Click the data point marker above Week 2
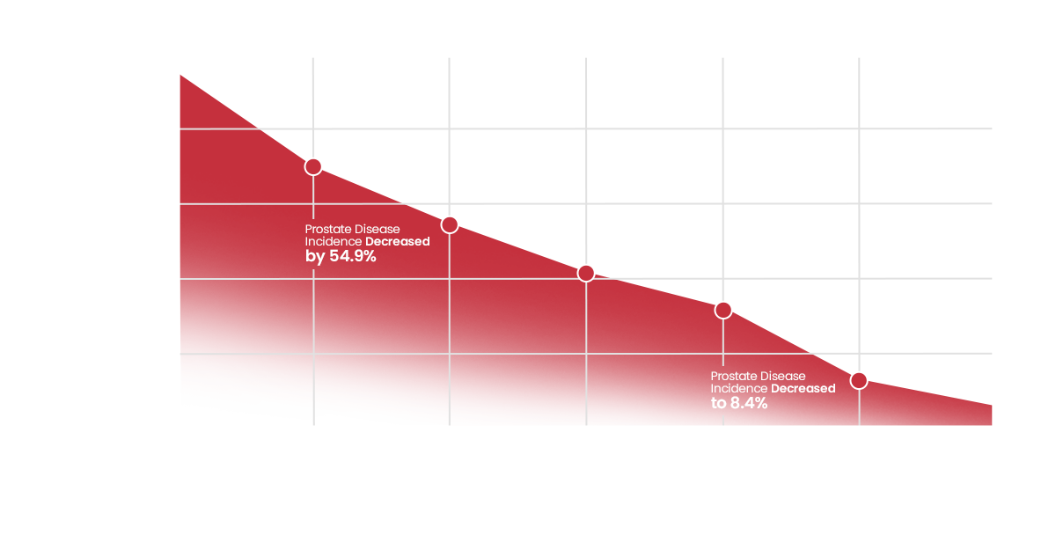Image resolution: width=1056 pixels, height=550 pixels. tap(312, 166)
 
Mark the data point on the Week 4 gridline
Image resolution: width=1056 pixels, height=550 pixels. tap(586, 273)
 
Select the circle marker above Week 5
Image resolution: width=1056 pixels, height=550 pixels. tap(723, 310)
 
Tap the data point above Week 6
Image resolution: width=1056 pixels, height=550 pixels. tap(859, 380)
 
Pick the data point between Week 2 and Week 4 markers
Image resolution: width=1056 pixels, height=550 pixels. tap(449, 225)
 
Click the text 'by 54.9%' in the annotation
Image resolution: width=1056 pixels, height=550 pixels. tap(341, 257)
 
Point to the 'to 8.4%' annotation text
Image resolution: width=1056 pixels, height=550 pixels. tap(739, 403)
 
